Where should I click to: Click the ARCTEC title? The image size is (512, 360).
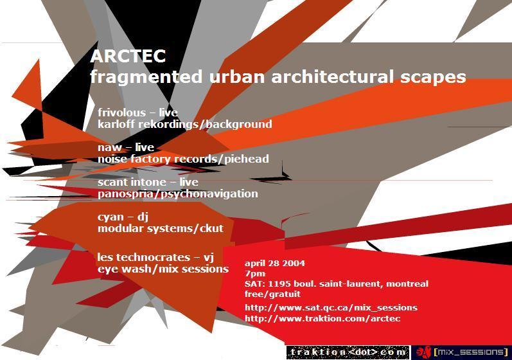128,56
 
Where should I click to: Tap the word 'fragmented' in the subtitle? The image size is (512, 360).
146,77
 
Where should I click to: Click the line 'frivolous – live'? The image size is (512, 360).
137,113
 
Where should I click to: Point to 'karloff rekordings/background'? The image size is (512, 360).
185,125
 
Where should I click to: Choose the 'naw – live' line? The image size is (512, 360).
126,147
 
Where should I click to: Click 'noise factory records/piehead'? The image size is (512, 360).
183,159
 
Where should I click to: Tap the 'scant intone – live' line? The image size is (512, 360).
148,182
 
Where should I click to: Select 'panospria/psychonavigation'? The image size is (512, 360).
178,194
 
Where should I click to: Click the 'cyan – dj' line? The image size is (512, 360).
123,217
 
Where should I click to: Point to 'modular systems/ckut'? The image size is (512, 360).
161,228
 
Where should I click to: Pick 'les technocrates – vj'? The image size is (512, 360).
155,257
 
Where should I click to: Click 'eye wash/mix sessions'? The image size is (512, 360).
163,269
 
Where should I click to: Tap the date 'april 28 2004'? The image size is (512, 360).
275,264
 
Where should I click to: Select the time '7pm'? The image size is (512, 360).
255,274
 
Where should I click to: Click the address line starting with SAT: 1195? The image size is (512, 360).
337,284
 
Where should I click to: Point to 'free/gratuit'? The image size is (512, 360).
272,294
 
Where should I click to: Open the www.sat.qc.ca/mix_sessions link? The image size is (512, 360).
331,308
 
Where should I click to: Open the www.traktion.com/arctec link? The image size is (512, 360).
322,318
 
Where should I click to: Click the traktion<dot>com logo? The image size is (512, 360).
348,352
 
